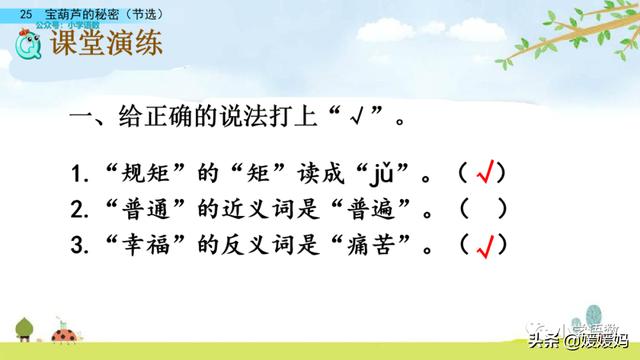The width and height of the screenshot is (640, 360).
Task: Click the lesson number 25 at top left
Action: point(26,9)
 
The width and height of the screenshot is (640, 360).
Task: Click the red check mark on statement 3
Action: point(487,243)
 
